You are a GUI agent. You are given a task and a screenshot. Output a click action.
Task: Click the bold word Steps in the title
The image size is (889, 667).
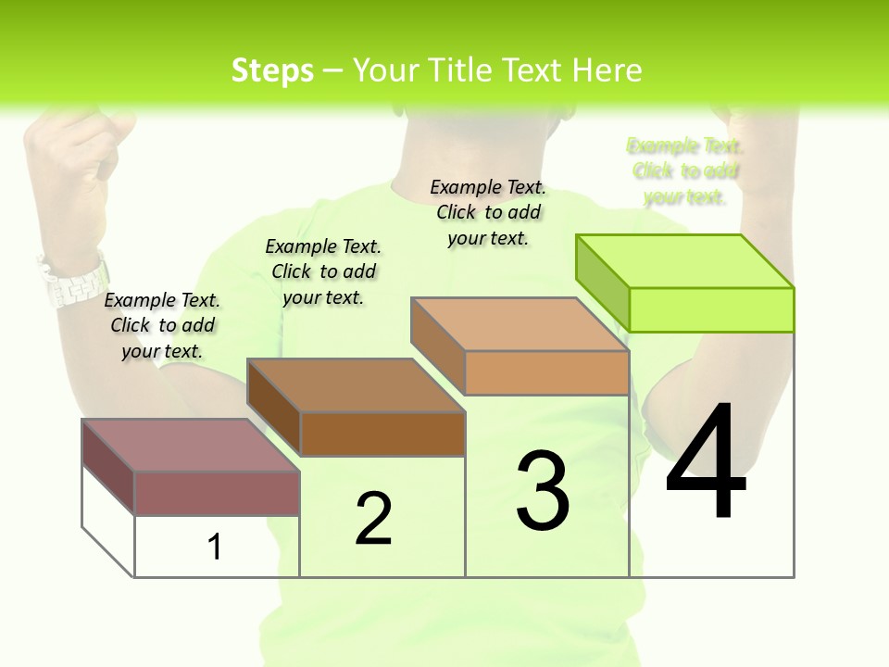pos(272,70)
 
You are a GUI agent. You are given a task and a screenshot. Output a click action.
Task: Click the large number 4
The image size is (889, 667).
pos(706,463)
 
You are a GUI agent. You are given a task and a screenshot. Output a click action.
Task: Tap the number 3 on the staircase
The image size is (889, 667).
pos(543,491)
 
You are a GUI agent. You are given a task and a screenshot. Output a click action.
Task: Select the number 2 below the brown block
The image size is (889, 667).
pos(373,519)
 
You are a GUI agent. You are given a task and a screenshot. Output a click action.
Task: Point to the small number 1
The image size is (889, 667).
pos(214,547)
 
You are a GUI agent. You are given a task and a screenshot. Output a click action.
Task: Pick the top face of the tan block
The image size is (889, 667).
pos(520,324)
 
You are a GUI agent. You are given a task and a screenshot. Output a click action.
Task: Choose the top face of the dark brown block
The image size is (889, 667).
pos(356,385)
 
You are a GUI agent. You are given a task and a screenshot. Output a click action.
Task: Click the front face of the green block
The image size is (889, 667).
pos(711,309)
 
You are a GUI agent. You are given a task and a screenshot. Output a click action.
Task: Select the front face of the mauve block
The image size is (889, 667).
pos(217,493)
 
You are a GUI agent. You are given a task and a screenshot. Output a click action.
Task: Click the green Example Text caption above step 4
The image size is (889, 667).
pos(685,171)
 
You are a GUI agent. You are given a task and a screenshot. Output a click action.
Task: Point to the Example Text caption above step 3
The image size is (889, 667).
pos(489,213)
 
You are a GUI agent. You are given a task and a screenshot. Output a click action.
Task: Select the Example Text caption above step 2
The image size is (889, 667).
pos(323,271)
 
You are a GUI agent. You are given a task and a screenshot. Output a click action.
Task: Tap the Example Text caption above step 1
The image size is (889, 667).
pos(162,325)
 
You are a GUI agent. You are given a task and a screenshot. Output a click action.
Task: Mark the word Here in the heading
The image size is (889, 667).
pos(607,70)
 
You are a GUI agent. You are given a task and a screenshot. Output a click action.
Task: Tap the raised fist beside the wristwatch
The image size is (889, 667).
pos(69,176)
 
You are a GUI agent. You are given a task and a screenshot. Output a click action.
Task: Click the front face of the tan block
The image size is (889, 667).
pos(546,373)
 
